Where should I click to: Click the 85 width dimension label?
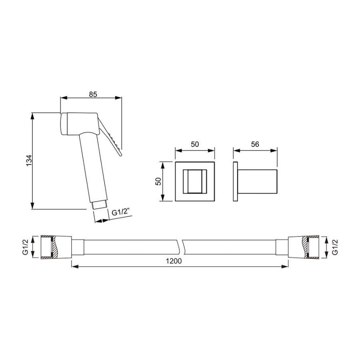point(93,94)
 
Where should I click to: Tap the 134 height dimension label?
point(29,160)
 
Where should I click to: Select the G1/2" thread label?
point(121,212)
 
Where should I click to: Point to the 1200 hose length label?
point(174,261)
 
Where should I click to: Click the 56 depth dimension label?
point(255,144)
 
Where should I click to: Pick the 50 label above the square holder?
point(195,144)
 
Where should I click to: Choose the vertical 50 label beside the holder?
point(158,181)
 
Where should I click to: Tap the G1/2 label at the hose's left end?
point(25,247)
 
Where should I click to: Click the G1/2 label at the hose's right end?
point(335,247)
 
